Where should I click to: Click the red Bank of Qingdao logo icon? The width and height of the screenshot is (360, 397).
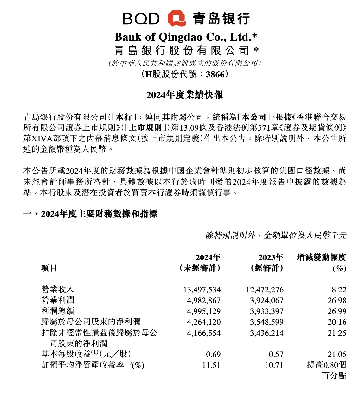[177, 18]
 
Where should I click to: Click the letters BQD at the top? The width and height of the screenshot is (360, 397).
[141, 19]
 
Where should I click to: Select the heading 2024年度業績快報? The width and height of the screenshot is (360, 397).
[184, 95]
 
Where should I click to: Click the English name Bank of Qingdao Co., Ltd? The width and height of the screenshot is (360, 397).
[186, 37]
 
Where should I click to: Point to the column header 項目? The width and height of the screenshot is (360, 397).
[49, 268]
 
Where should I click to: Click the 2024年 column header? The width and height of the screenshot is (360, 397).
[208, 257]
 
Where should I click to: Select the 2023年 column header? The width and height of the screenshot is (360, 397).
[271, 257]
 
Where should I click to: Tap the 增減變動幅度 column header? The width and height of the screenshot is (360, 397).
[321, 257]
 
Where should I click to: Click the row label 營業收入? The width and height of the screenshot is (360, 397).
[58, 290]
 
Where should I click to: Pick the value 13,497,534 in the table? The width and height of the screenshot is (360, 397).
[202, 290]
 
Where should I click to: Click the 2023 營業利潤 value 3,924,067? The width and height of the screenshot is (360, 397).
[267, 301]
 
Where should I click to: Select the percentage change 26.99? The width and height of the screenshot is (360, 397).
[337, 311]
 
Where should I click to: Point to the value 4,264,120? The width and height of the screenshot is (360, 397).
[204, 322]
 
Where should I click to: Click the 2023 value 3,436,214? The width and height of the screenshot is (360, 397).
[267, 333]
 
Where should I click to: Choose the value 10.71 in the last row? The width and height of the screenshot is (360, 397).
[274, 365]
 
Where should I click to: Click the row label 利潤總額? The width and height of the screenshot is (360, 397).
[58, 311]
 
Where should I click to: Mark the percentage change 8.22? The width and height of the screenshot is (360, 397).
[339, 290]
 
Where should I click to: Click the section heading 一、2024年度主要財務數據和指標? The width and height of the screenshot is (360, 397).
[90, 214]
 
